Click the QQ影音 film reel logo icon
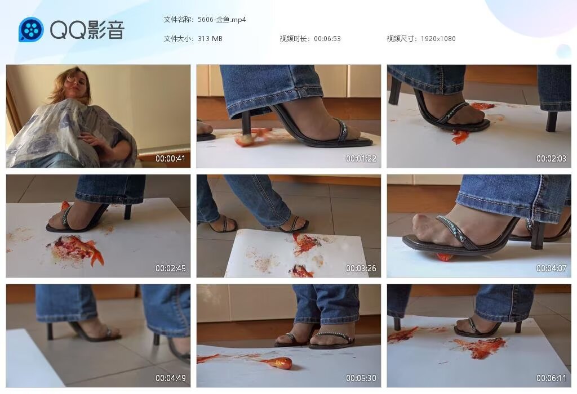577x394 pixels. click(x=31, y=29)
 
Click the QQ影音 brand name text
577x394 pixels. click(x=87, y=30)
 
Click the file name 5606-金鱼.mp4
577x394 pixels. click(x=222, y=20)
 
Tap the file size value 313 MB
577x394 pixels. click(x=210, y=39)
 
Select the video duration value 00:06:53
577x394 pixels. click(x=327, y=39)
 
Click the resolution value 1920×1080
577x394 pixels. click(x=438, y=39)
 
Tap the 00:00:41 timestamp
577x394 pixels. click(x=171, y=159)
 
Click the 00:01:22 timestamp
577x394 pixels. click(x=361, y=159)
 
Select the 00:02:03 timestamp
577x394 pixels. click(x=551, y=159)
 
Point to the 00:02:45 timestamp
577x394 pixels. click(x=171, y=268)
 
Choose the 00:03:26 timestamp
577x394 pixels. click(x=361, y=268)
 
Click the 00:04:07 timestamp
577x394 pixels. click(x=551, y=268)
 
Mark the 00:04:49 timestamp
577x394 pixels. click(x=171, y=378)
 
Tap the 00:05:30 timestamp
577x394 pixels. click(x=361, y=378)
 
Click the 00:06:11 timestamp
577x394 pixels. click(x=551, y=378)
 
